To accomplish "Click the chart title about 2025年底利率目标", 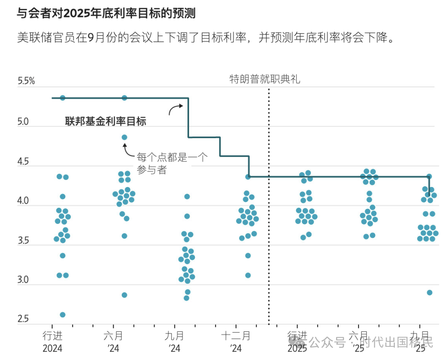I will (106, 14).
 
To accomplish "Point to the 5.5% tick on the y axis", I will (26, 81).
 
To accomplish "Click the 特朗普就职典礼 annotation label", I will (265, 79).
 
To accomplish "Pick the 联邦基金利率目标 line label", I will (106, 122).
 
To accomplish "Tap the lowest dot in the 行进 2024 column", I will (62, 314).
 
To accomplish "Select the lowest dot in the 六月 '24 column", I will (124, 295).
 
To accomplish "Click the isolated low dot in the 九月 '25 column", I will (429, 293).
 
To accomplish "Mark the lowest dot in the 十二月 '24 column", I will (248, 275).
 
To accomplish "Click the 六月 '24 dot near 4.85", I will (124, 137).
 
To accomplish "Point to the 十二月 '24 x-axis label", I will (236, 342).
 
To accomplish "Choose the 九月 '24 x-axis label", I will (174, 342).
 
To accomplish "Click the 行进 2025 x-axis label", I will (298, 342).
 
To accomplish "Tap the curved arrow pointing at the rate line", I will (175, 109).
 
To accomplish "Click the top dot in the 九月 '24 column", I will (187, 197).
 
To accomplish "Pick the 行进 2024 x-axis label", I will (53, 342).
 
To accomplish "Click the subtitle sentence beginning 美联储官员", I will (204, 38).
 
